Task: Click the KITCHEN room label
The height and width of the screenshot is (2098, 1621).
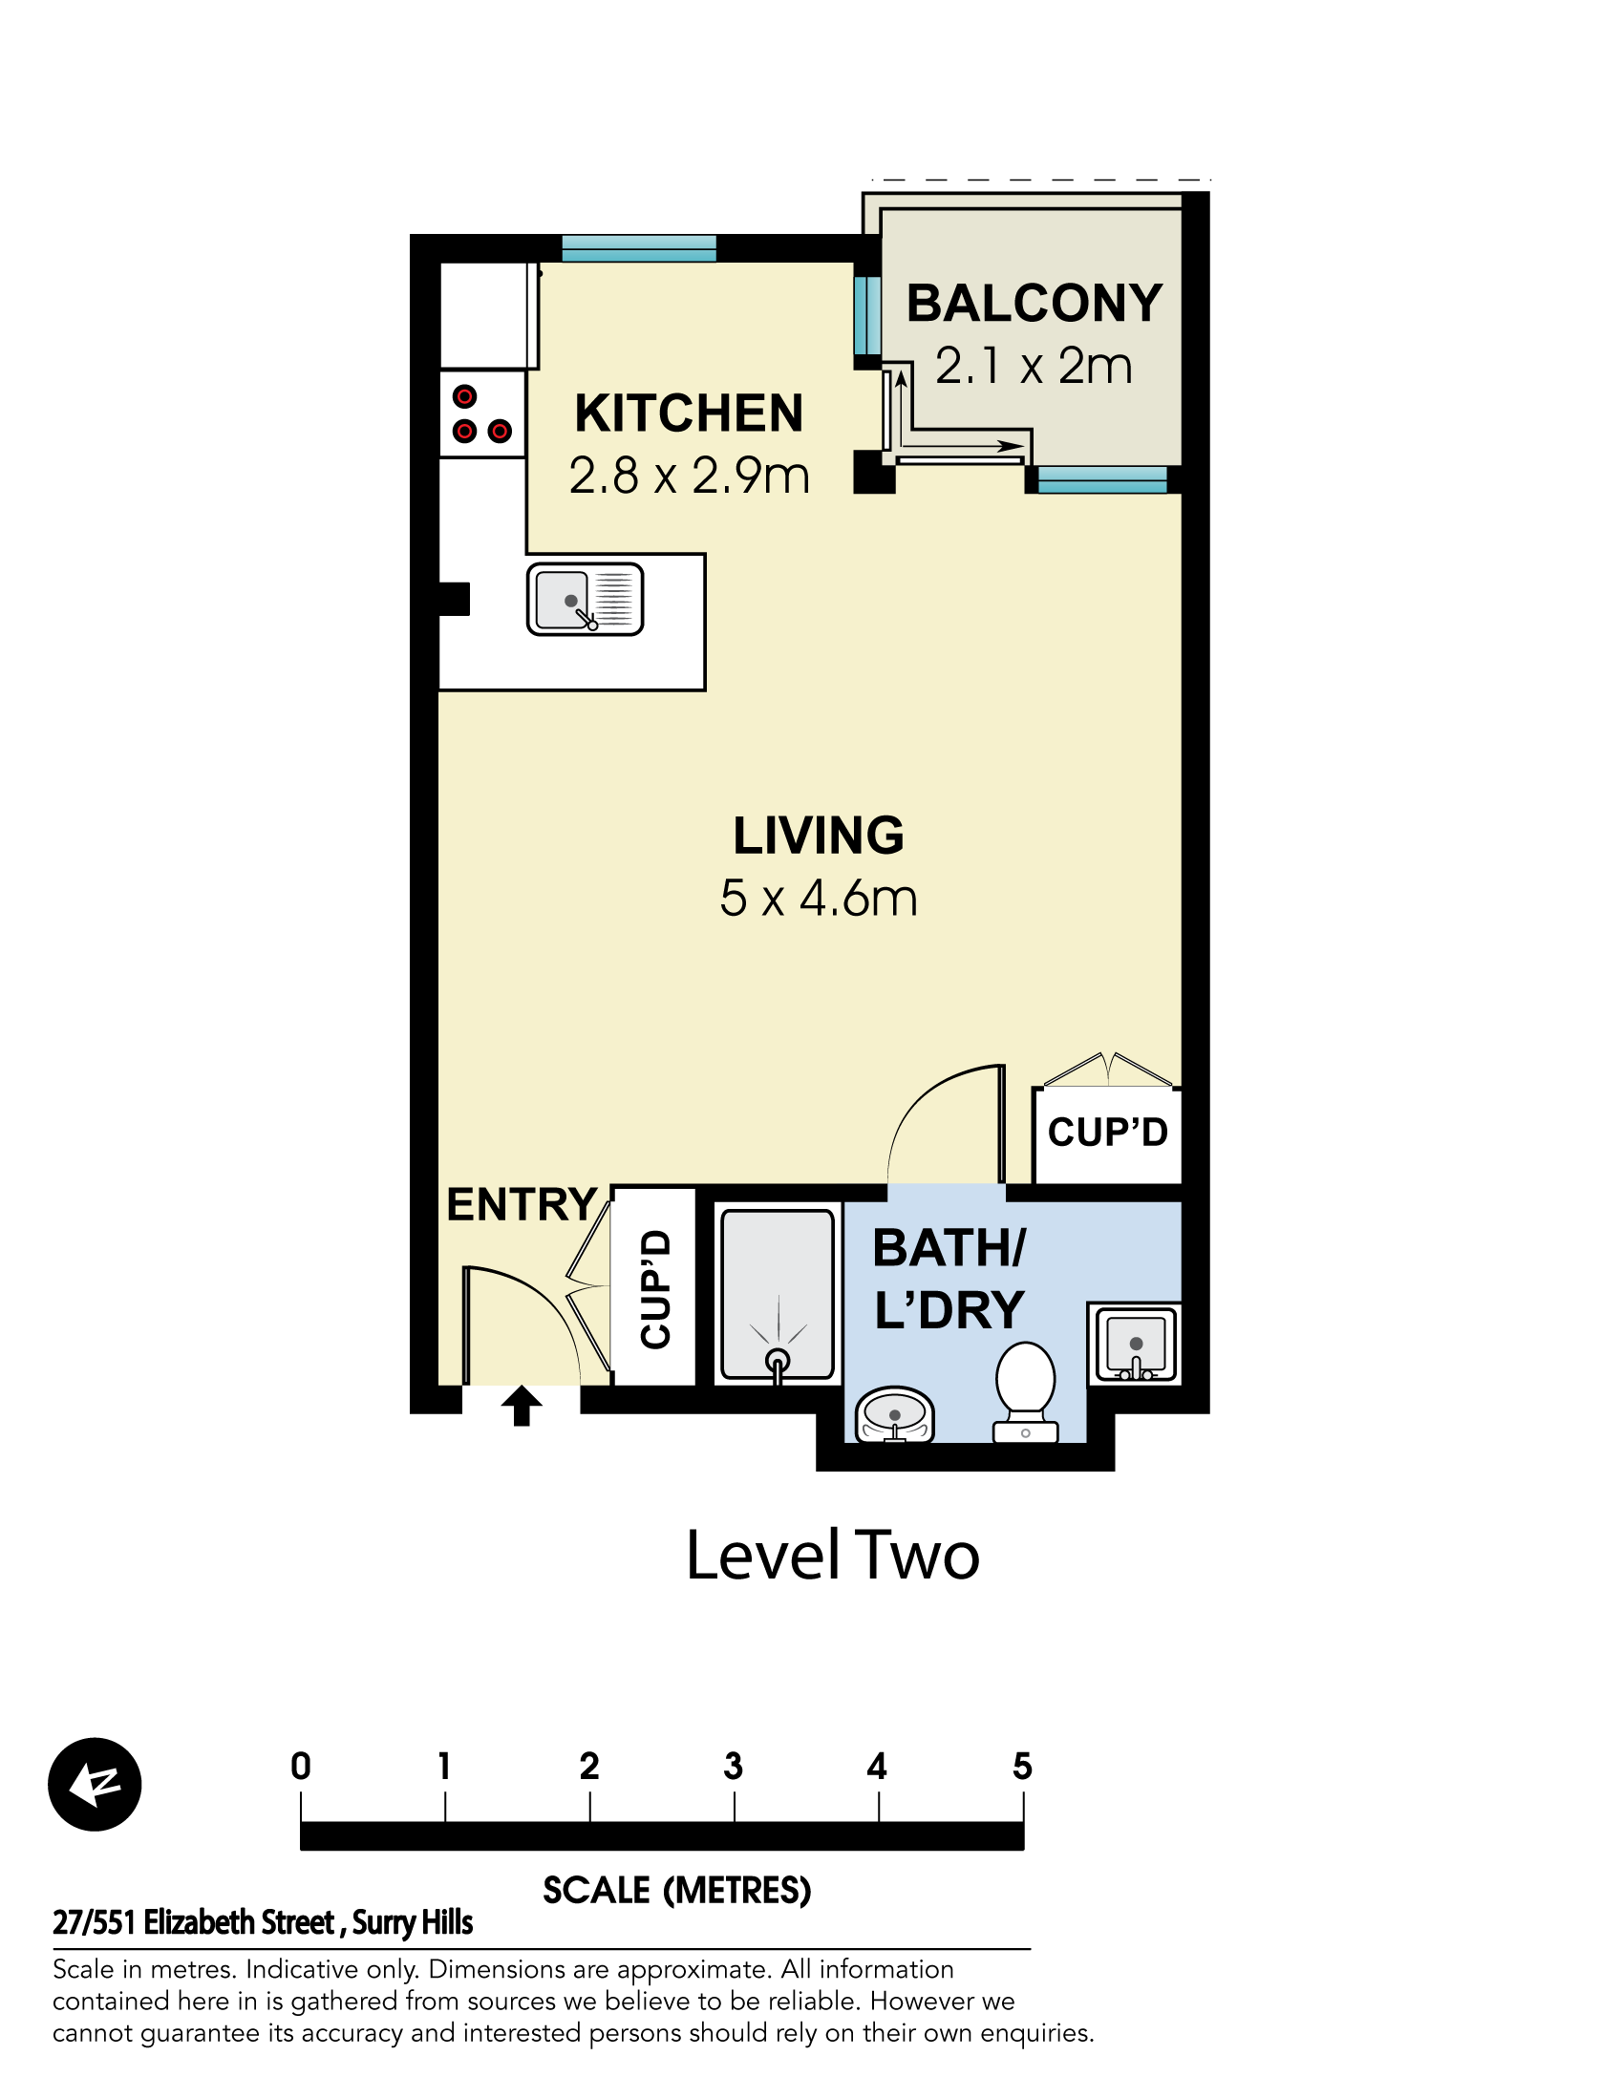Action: (x=688, y=414)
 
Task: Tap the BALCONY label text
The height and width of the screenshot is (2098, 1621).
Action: (x=1034, y=304)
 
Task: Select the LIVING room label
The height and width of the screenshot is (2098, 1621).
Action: (x=819, y=835)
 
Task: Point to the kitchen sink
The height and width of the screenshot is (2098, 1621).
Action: (x=585, y=600)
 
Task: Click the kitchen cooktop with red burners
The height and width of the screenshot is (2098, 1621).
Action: (x=482, y=414)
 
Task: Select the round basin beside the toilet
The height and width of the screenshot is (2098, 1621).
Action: (x=895, y=1415)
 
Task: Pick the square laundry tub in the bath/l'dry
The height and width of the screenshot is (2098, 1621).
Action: (x=1135, y=1344)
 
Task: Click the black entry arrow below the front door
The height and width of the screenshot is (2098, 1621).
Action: (x=522, y=1406)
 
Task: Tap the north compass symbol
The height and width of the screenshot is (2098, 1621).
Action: (x=95, y=1784)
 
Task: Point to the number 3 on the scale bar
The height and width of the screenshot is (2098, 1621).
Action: (x=734, y=1766)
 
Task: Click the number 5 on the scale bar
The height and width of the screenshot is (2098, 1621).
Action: (x=1022, y=1766)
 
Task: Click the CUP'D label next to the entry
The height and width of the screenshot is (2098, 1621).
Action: (x=655, y=1289)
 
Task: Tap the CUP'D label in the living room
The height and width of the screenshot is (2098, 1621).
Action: (x=1107, y=1132)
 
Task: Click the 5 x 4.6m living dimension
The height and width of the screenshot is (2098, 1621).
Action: (x=819, y=899)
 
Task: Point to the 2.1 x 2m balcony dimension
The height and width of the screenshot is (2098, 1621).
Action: (x=1034, y=366)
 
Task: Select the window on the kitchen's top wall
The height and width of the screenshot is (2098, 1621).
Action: (x=639, y=249)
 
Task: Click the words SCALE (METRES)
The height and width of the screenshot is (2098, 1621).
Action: (x=677, y=1891)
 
